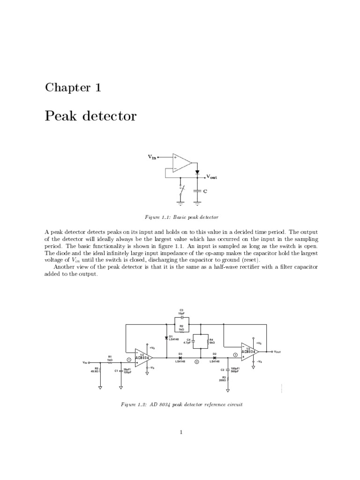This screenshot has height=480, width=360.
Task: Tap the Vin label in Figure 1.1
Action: pos(152,157)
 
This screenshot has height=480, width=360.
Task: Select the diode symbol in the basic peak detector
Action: pos(197,172)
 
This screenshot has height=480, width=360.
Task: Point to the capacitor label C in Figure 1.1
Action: pos(205,191)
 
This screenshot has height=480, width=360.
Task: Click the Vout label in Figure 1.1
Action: pos(211,178)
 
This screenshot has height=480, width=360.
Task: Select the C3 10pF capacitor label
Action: pos(181,311)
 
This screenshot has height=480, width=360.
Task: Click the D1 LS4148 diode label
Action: pos(173,337)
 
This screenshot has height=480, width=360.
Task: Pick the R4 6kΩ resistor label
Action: pos(211,341)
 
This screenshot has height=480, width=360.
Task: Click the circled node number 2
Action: pos(197,362)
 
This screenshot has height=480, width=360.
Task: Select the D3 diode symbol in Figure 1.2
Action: pos(180,358)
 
